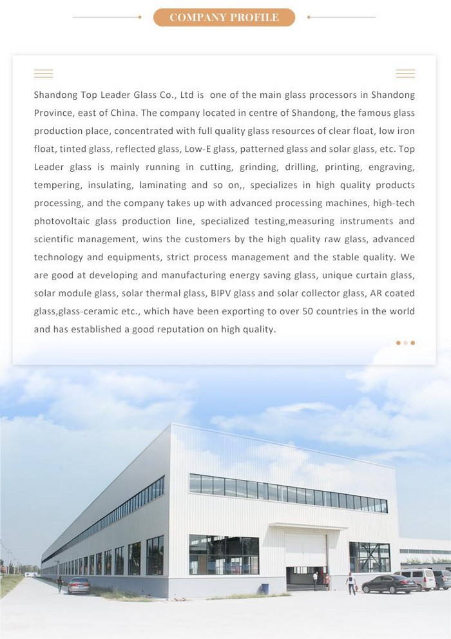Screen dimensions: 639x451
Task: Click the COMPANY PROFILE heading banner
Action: (224, 17)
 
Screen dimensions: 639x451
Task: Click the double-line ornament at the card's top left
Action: (43, 73)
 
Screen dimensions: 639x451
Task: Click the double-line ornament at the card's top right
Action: (405, 73)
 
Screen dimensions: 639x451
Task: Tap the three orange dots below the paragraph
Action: (405, 343)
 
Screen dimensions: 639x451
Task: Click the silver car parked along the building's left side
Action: (79, 585)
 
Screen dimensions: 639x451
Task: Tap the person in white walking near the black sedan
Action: (351, 583)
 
